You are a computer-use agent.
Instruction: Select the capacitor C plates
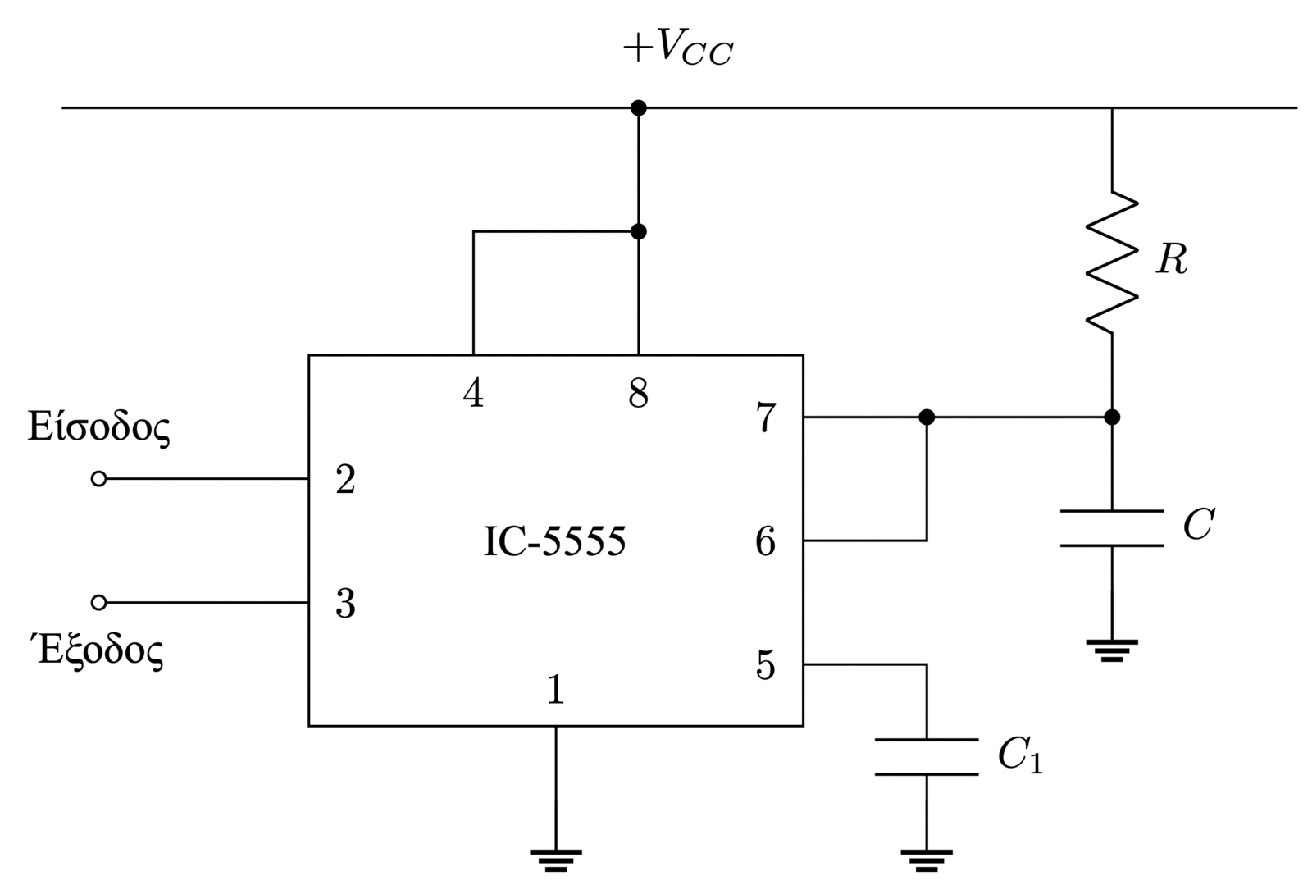pos(1112,528)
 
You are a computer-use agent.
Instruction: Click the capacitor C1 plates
pos(927,757)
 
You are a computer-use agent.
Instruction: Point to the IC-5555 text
pos(554,541)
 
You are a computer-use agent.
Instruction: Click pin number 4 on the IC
pos(473,395)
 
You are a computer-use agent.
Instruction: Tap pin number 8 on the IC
pos(638,395)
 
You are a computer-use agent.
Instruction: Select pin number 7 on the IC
pos(765,417)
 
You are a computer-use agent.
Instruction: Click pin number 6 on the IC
pos(765,541)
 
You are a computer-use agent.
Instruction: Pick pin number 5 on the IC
pos(765,665)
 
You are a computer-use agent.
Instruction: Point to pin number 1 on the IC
pos(556,691)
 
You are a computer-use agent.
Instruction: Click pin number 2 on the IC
pos(345,480)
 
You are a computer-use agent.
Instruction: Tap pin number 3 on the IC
pos(345,604)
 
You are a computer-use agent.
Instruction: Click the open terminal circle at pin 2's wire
pos(98,479)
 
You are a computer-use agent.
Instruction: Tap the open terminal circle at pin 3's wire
pos(98,603)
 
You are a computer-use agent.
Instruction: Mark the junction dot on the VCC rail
pos(638,107)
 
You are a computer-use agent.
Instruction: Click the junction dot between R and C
pos(1112,417)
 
